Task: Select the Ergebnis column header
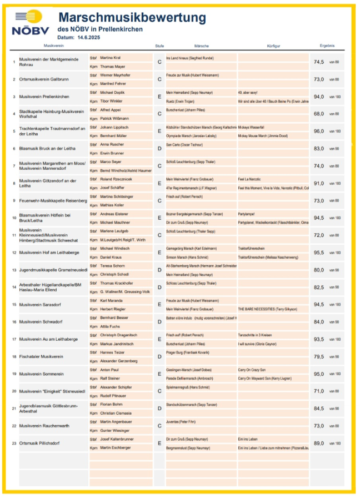tap(327, 46)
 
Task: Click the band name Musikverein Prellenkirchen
tap(44, 97)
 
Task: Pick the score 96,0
tap(318, 132)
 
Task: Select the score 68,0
tap(318, 114)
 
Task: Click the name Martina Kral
tap(111, 58)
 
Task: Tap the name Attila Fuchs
tap(110, 326)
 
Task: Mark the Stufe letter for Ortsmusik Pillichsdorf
tap(159, 443)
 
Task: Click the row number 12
tap(14, 253)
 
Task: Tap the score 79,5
tap(318, 357)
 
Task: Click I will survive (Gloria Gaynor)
tap(257, 344)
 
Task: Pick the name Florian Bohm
tap(111, 404)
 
